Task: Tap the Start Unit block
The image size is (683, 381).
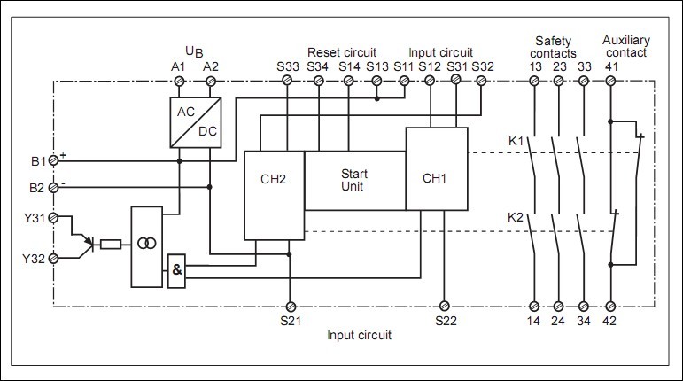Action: point(354,180)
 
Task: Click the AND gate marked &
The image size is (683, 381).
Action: point(177,271)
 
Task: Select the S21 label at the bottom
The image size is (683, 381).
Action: point(289,320)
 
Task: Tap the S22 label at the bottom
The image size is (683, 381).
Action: point(446,320)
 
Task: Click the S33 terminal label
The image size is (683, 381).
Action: point(288,66)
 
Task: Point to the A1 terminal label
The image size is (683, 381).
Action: point(179,66)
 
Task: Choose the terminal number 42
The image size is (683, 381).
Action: point(610,320)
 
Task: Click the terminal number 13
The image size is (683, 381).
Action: point(535,66)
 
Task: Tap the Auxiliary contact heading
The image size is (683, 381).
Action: point(625,46)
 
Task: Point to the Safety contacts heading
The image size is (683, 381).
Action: point(555,46)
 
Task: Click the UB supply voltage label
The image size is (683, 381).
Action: point(194,49)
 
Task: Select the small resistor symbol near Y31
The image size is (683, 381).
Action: point(111,245)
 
